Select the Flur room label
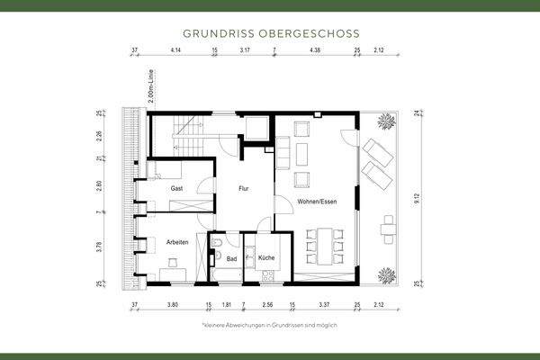click(243, 190)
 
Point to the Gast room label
click(177, 188)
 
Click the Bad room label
click(232, 258)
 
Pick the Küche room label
click(266, 258)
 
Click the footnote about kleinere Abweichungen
click(269, 324)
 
